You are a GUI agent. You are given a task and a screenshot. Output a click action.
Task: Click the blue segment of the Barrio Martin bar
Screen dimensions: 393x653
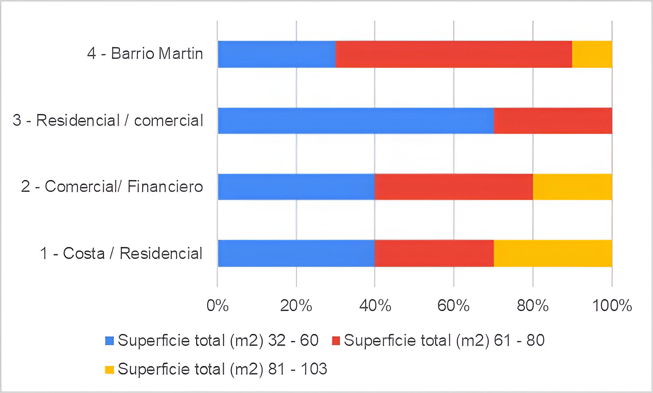point(277,54)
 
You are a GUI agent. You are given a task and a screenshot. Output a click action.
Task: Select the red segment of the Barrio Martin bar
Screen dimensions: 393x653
point(453,54)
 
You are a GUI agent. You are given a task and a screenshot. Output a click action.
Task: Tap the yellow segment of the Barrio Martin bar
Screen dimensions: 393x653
point(592,54)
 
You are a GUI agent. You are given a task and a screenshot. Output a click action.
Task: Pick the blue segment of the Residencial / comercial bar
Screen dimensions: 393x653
point(356,120)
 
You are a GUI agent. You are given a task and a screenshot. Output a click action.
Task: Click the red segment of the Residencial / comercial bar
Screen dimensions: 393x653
point(553,120)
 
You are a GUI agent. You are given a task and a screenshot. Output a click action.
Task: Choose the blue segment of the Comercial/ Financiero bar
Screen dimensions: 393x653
point(296,187)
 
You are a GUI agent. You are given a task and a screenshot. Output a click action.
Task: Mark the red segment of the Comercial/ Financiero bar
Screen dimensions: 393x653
point(453,187)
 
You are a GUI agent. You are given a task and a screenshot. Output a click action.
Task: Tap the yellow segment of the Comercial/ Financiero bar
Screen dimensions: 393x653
point(572,187)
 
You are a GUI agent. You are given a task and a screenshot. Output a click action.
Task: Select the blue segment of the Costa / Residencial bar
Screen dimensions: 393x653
point(296,253)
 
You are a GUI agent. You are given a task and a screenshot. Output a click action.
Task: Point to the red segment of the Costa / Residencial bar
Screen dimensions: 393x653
point(434,253)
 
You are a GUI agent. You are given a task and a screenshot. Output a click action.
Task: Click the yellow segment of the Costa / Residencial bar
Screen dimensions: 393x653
point(553,253)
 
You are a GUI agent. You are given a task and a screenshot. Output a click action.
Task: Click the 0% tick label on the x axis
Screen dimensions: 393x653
point(217,306)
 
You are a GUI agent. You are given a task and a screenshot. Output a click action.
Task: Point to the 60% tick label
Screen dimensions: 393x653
point(453,306)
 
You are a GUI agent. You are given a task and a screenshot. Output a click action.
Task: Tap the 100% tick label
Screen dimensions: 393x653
point(612,306)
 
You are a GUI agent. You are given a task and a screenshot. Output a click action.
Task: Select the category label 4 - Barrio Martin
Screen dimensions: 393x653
point(145,53)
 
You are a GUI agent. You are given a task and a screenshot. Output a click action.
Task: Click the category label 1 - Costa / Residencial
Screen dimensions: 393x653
point(121,253)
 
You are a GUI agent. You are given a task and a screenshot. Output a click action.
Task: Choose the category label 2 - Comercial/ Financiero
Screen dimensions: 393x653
point(112,187)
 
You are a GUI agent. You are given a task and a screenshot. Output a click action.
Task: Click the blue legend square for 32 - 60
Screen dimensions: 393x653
point(110,341)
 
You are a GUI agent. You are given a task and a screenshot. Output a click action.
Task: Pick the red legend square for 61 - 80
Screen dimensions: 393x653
point(336,341)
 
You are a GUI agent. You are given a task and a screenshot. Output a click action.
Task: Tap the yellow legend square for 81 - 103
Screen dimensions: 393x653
point(110,370)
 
